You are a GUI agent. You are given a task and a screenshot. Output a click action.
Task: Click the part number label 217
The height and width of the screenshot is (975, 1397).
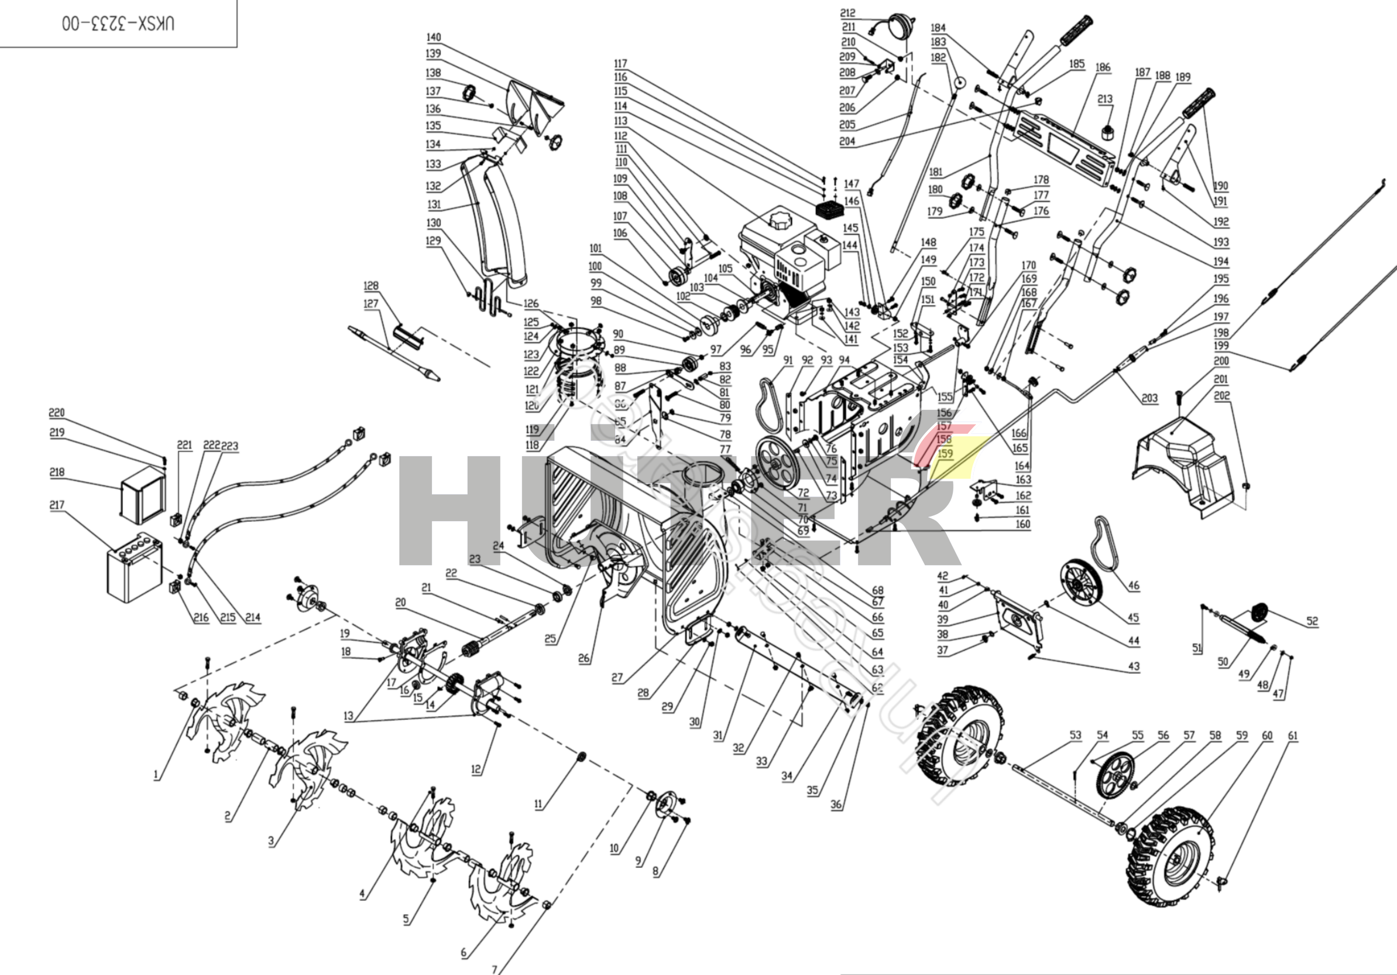point(57,505)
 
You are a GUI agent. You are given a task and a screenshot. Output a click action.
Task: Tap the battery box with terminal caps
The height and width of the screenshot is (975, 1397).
point(135,567)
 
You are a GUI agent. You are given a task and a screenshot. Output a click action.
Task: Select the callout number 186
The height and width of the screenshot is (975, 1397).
point(1103,67)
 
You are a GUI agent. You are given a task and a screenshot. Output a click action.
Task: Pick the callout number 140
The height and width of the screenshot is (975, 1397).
point(433,37)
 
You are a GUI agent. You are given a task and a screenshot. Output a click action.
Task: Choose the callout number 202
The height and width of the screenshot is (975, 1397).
point(1222,395)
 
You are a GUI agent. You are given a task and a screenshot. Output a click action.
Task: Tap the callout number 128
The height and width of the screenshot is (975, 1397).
point(370,285)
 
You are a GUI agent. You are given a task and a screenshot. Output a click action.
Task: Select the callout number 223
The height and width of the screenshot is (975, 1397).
point(229,446)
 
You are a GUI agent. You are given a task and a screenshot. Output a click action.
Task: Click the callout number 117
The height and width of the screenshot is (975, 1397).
point(620,63)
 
